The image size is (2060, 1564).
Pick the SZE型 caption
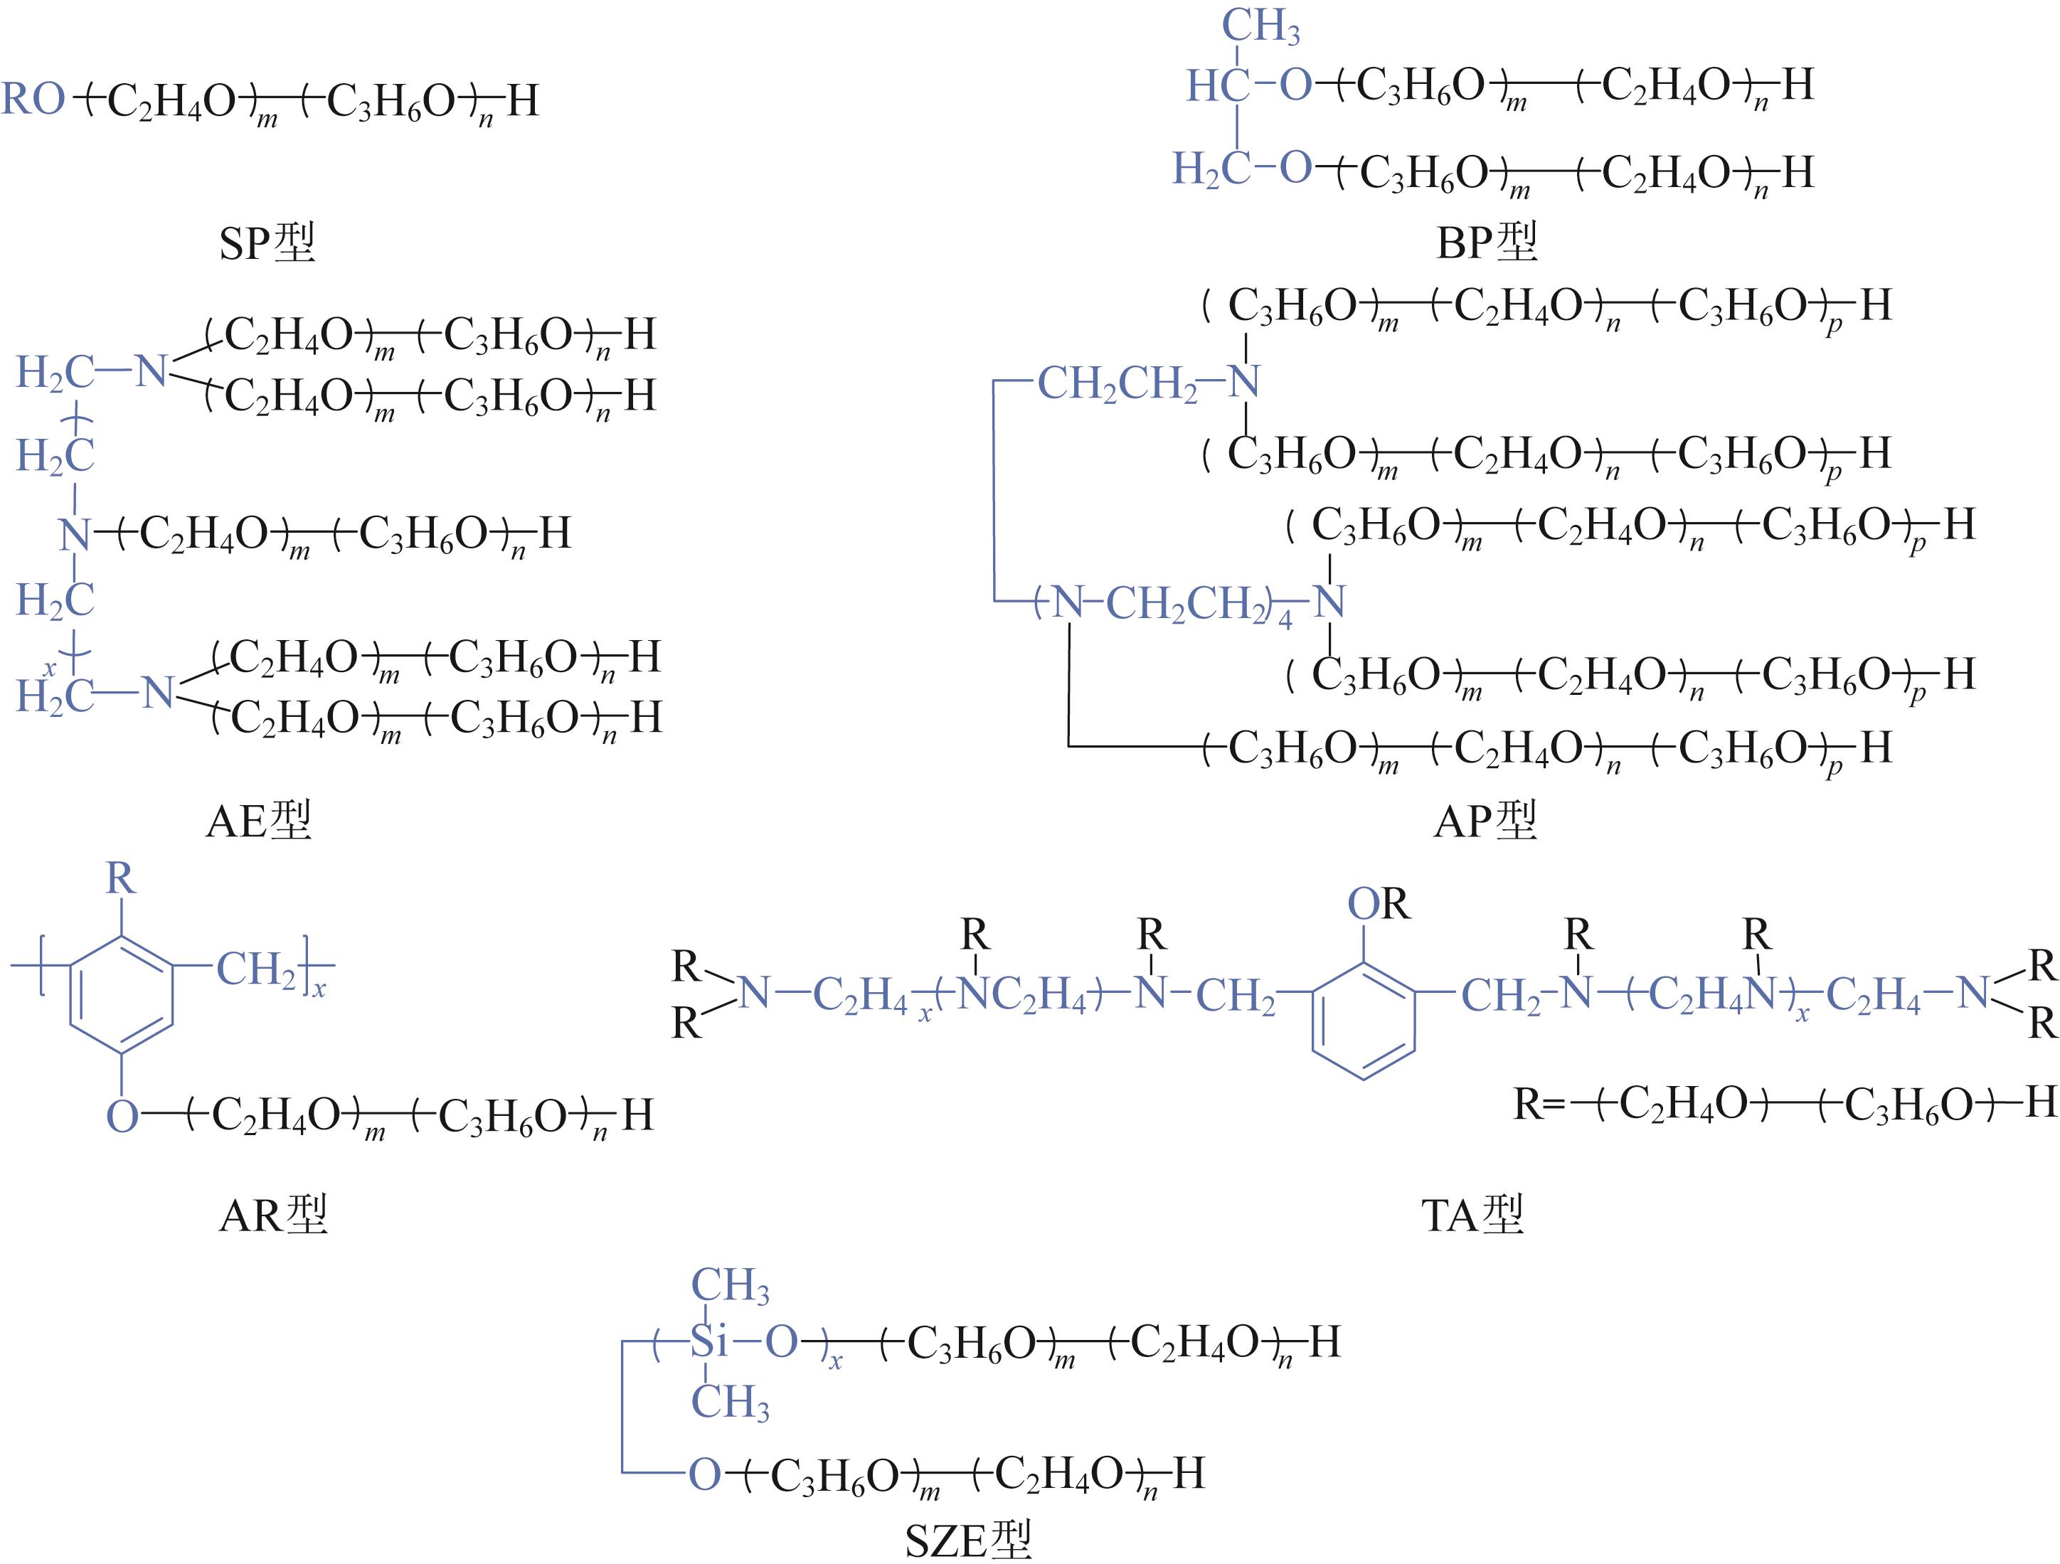coord(969,1541)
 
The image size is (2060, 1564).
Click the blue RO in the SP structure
coord(33,99)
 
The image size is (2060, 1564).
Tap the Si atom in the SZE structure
coord(708,1342)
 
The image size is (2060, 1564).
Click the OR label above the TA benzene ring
coord(1379,903)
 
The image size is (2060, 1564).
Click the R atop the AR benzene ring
coord(120,878)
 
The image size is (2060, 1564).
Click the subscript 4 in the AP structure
coord(1285,619)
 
